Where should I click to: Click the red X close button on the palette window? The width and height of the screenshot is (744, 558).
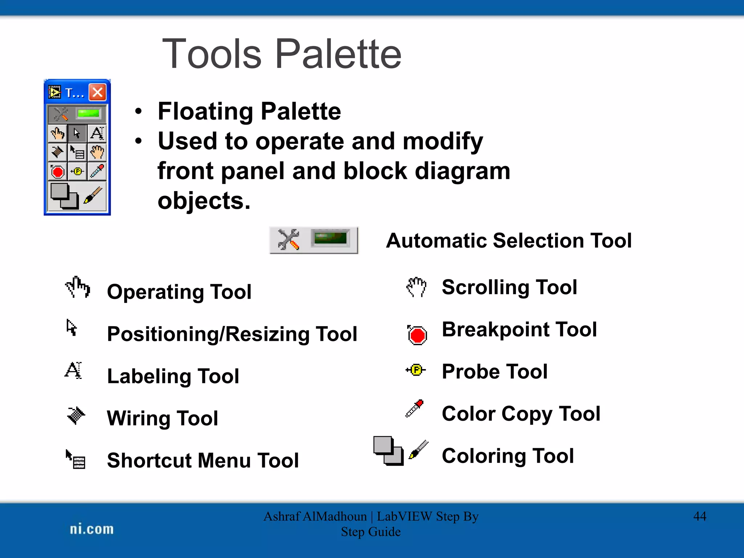pyautogui.click(x=97, y=92)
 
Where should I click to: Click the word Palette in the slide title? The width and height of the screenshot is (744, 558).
pyautogui.click(x=338, y=54)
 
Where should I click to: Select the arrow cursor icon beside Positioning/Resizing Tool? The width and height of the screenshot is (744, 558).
pyautogui.click(x=72, y=328)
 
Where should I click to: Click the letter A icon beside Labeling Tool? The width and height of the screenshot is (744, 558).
pyautogui.click(x=73, y=371)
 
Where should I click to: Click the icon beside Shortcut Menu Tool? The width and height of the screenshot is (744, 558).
pyautogui.click(x=76, y=459)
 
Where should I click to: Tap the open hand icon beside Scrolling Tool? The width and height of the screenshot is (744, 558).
pyautogui.click(x=416, y=287)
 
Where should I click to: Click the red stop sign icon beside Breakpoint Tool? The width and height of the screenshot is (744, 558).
pyautogui.click(x=417, y=335)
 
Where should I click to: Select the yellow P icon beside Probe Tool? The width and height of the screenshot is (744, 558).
pyautogui.click(x=416, y=370)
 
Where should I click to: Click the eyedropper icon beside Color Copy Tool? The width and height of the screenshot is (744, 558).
pyautogui.click(x=415, y=408)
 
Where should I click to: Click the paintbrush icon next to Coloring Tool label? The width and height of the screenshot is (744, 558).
pyautogui.click(x=419, y=450)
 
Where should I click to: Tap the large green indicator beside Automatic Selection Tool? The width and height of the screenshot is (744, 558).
pyautogui.click(x=330, y=239)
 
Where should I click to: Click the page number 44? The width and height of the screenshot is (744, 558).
pyautogui.click(x=700, y=516)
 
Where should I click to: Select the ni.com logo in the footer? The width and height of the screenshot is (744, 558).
pyautogui.click(x=92, y=529)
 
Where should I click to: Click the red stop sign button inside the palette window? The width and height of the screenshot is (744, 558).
pyautogui.click(x=58, y=171)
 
